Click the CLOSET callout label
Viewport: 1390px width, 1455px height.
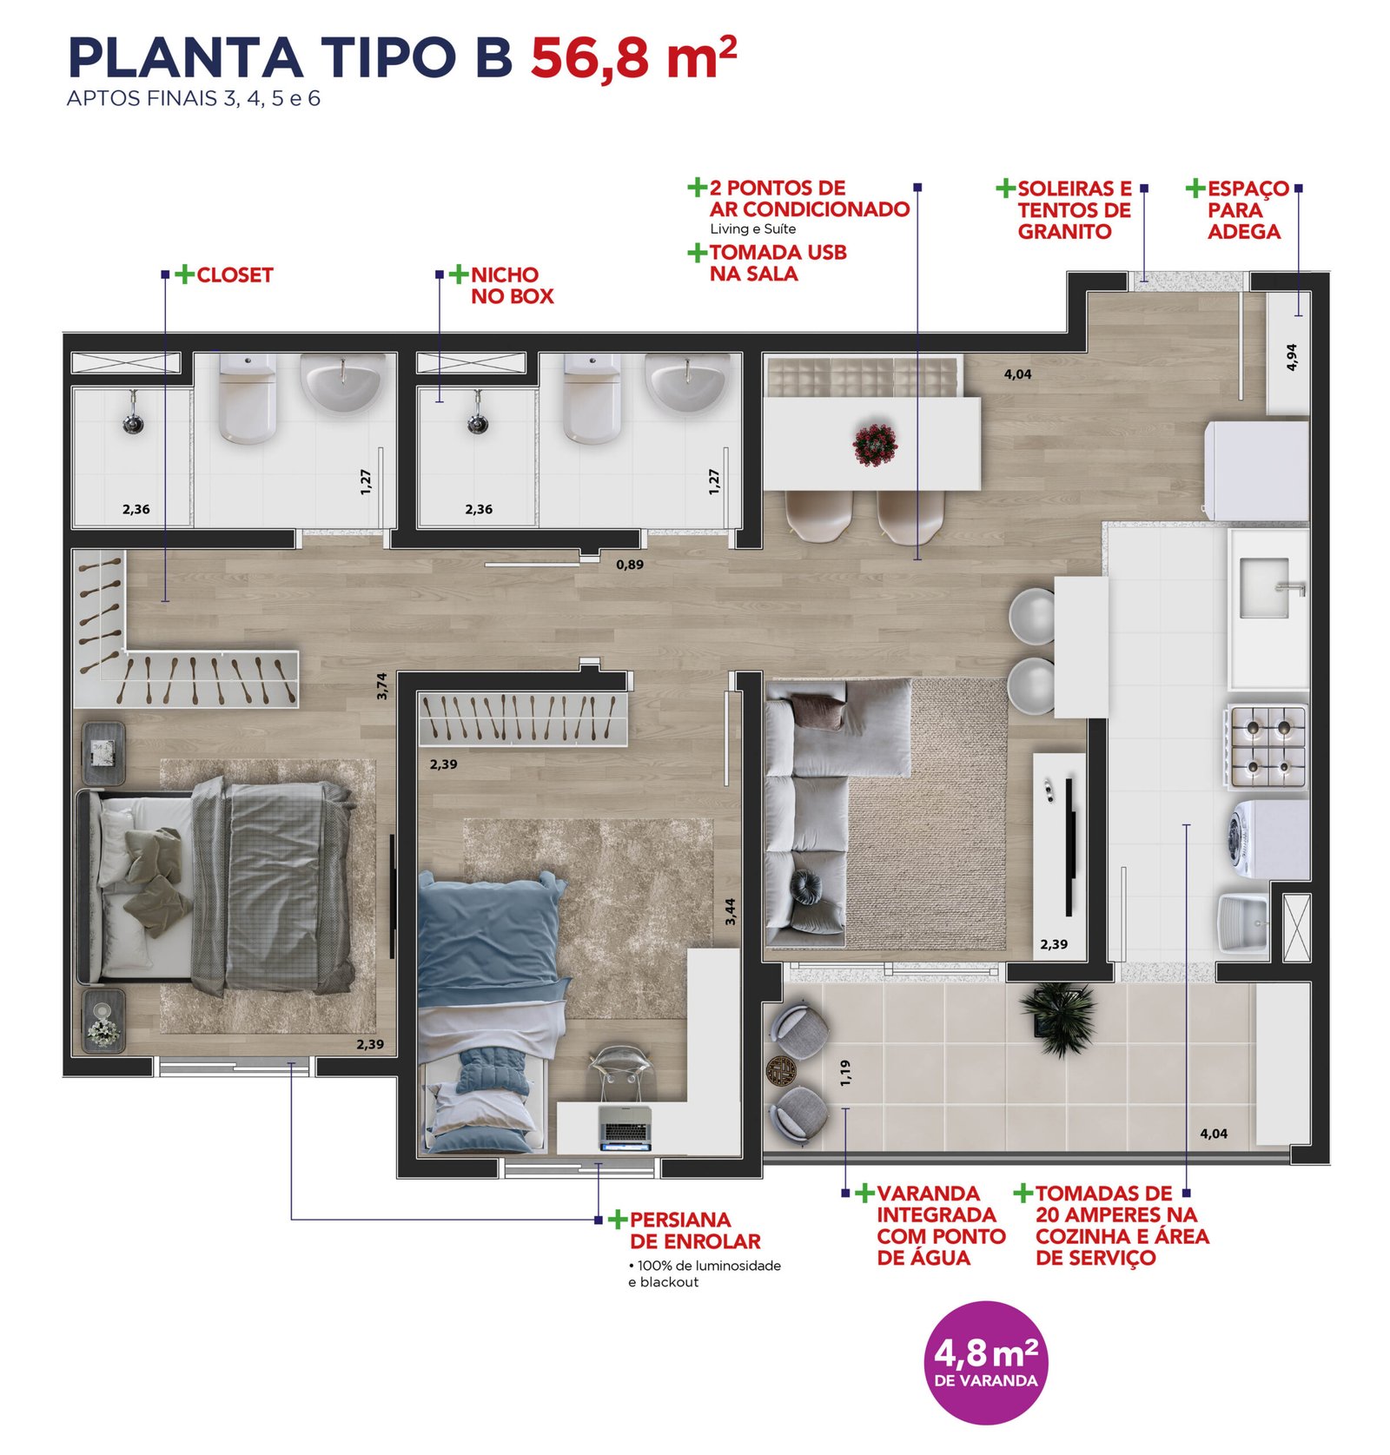pos(235,275)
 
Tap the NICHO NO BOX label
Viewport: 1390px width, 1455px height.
pos(512,285)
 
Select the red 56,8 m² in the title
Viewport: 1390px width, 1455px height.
pos(633,57)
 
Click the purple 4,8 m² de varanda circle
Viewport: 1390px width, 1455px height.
pos(985,1362)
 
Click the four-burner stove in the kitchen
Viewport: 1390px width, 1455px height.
pos(1268,746)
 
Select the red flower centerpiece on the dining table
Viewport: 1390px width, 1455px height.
pos(875,445)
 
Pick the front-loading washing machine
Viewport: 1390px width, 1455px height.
pos(1268,839)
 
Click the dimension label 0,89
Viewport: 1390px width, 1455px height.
pos(630,565)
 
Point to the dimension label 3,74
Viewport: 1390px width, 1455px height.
pos(382,686)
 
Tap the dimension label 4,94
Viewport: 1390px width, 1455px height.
pos(1291,357)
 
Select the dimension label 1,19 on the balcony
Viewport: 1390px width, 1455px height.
pos(845,1073)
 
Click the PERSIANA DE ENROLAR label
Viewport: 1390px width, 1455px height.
pos(695,1231)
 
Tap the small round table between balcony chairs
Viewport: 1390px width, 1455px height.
pos(782,1071)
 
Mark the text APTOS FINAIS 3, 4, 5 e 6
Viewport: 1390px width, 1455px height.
pos(194,98)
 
